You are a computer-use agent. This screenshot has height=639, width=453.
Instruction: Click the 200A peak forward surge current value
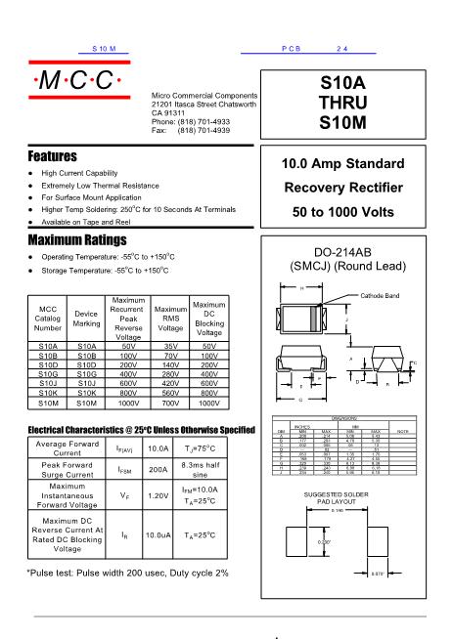pyautogui.click(x=157, y=470)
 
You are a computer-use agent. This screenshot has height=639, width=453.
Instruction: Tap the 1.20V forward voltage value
pyautogui.click(x=157, y=495)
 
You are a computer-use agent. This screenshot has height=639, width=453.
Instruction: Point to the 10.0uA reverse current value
pyautogui.click(x=159, y=535)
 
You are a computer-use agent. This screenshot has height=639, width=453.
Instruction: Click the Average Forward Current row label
pyautogui.click(x=68, y=448)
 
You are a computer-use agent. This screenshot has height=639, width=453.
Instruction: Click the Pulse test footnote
pyautogui.click(x=127, y=572)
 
